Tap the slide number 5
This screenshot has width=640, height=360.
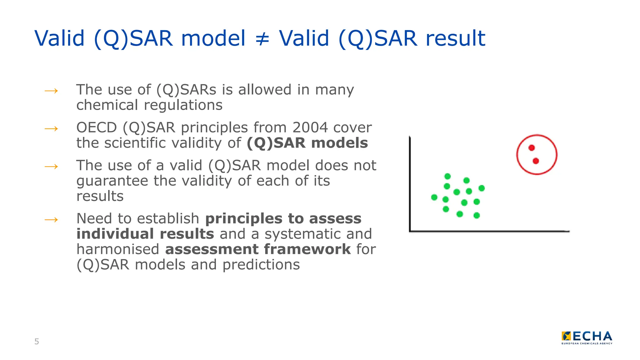(x=37, y=342)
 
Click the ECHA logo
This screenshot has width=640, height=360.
(x=587, y=337)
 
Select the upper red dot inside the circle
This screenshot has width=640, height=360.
(x=532, y=148)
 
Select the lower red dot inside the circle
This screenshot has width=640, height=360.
(x=536, y=161)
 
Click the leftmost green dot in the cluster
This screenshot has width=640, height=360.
(x=434, y=197)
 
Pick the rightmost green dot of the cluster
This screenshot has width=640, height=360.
(x=482, y=188)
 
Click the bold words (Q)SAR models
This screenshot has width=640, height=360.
(x=307, y=143)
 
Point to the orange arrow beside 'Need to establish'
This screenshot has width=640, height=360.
(x=51, y=220)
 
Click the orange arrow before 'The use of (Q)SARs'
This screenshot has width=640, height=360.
(x=51, y=91)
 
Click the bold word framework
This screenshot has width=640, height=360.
(x=307, y=249)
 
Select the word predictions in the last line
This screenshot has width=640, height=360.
(x=261, y=265)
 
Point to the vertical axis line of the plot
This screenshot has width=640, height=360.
(x=410, y=184)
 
